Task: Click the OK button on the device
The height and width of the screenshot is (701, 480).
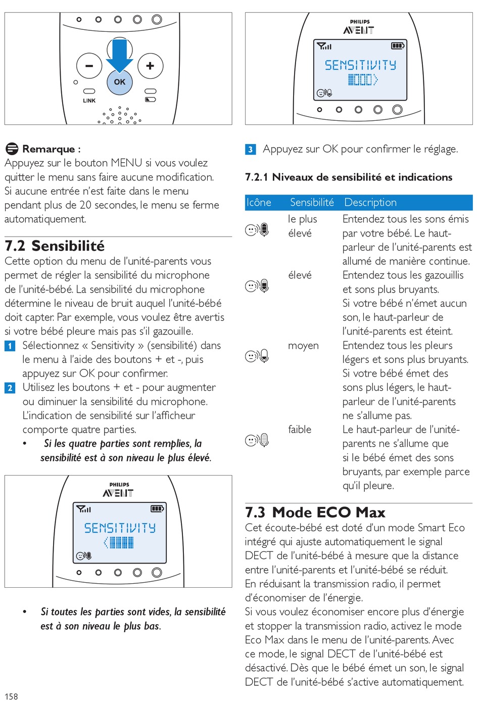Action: [x=119, y=82]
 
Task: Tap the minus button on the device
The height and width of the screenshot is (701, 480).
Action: [x=89, y=66]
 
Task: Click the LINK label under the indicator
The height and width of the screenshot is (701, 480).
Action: [x=89, y=101]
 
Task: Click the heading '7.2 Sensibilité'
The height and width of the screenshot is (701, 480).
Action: [x=55, y=246]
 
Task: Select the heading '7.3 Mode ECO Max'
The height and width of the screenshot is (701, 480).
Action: [x=315, y=512]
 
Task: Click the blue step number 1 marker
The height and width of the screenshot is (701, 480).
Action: [x=10, y=346]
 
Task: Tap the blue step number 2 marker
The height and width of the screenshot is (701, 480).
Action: [x=10, y=388]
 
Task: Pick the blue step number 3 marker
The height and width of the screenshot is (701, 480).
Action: [x=250, y=150]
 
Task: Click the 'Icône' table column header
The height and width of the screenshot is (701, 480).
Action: [x=259, y=203]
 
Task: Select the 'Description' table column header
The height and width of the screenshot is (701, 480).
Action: [x=370, y=203]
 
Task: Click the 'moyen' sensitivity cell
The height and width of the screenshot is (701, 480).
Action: [x=303, y=346]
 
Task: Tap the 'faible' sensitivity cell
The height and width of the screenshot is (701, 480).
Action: [x=300, y=430]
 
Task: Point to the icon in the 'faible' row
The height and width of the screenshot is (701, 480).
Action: [x=257, y=440]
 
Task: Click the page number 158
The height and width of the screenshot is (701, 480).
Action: [x=11, y=696]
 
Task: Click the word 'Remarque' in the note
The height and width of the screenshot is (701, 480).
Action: [x=49, y=149]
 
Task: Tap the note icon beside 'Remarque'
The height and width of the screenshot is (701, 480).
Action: [x=12, y=149]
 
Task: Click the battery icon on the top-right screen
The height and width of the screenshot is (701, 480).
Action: [x=398, y=46]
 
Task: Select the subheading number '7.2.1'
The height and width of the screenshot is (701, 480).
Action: [x=256, y=177]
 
